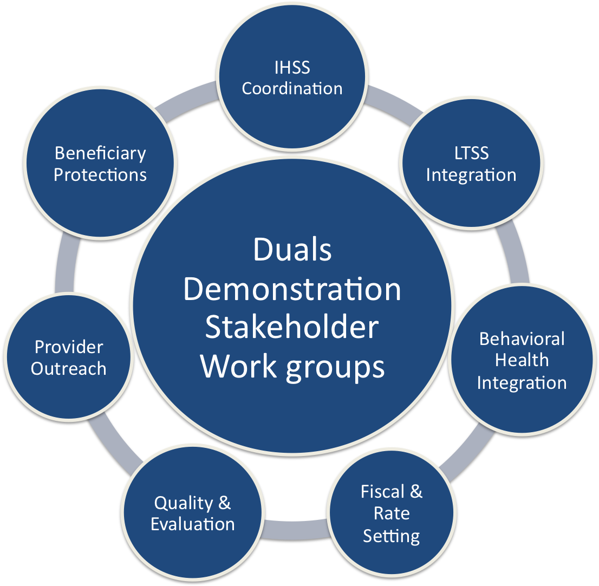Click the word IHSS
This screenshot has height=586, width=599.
292,68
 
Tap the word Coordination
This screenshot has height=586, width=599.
292,88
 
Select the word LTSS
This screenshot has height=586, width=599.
471,153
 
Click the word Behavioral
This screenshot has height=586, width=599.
522,339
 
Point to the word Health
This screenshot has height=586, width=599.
522,360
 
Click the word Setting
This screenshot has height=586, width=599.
391,536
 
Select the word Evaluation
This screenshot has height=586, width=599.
192,524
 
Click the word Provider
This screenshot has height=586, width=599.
68,347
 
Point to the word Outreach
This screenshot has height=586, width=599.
68,368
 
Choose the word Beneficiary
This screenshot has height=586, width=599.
100,153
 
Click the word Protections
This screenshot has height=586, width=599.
100,175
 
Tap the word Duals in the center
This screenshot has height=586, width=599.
292,250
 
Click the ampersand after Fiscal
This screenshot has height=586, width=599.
416,492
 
